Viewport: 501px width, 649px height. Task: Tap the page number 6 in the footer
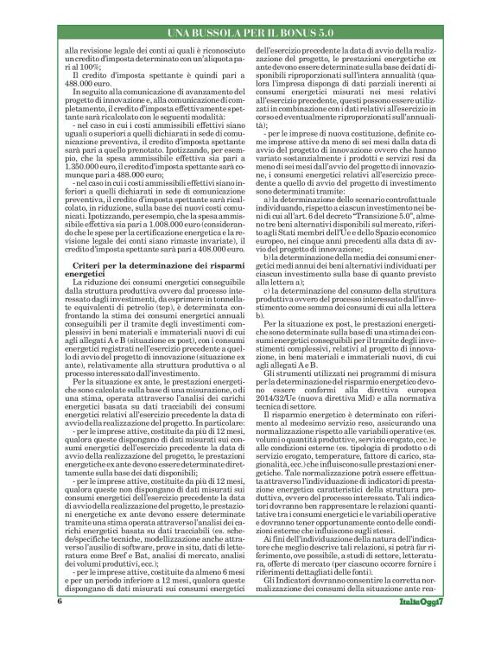click(59, 625)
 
